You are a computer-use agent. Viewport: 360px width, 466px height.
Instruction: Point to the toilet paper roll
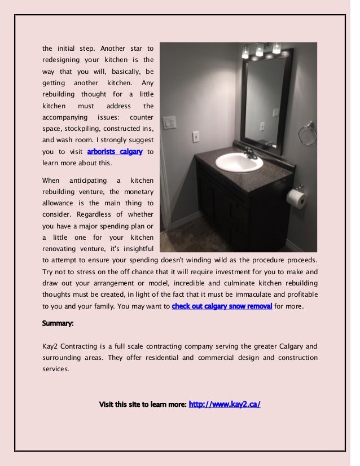point(296,197)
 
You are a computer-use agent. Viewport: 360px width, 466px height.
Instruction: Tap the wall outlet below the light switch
point(195,137)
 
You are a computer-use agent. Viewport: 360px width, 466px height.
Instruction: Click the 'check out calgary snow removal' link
point(222,307)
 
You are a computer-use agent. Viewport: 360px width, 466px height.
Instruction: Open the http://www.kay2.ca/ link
point(225,405)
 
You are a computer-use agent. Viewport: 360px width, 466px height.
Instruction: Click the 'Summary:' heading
point(58,324)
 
